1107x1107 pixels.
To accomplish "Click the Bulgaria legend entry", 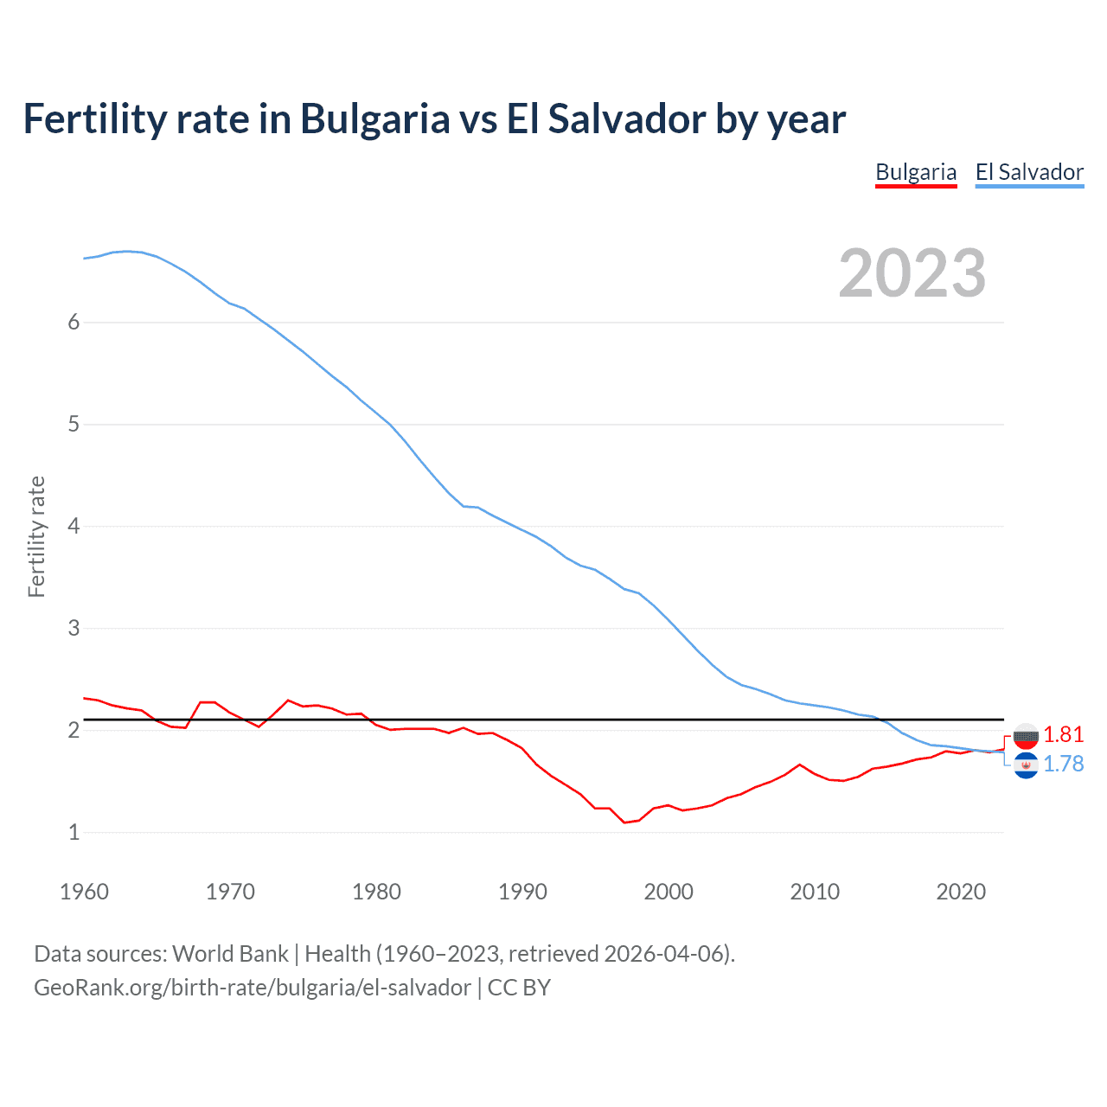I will (915, 172).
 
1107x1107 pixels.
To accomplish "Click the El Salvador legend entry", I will (1029, 172).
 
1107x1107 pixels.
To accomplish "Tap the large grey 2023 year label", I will (912, 273).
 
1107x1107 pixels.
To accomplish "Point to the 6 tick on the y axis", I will (74, 322).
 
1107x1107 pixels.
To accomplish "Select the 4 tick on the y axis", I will (74, 526).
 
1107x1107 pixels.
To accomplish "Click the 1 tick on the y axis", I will (74, 832).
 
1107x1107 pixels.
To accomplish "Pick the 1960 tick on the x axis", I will (84, 892).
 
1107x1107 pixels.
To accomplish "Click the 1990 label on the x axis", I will (522, 892).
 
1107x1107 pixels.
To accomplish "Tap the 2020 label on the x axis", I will (961, 892).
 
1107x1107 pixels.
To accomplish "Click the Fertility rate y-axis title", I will (36, 536).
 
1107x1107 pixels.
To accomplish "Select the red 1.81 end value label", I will (1063, 734).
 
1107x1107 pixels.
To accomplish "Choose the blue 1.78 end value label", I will (1063, 764).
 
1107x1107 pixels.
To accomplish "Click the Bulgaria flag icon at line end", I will (1026, 736).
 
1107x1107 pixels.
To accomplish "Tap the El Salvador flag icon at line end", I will (1026, 765).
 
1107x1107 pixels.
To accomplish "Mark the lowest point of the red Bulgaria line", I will (624, 822).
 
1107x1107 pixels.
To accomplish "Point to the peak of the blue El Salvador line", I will (128, 251).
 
